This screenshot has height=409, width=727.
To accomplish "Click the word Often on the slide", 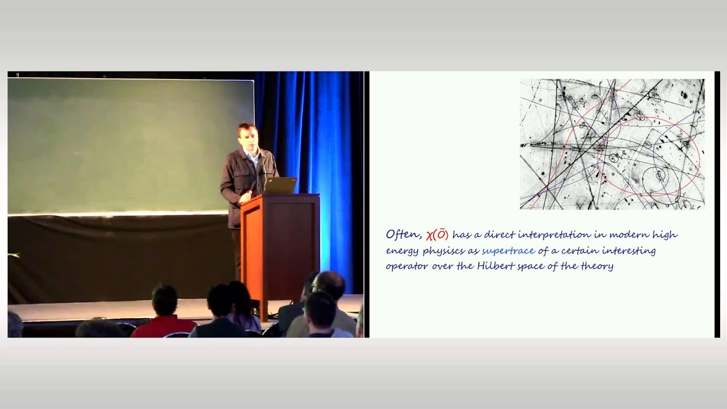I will (403, 235).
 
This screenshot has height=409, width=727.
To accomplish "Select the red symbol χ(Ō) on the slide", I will (437, 235).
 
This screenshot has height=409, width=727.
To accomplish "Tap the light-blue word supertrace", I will (508, 251).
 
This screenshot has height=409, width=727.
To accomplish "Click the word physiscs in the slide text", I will (440, 251).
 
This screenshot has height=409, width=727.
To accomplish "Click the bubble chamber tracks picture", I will (612, 144).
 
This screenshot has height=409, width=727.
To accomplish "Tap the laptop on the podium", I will (281, 186).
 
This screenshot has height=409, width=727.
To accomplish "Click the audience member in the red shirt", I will (164, 321).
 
